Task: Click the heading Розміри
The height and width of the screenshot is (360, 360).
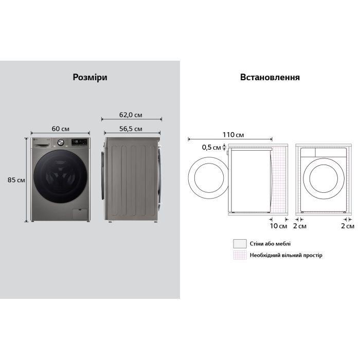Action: pos(90,77)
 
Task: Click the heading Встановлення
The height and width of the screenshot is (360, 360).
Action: pos(270,77)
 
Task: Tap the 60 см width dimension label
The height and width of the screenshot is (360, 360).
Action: pos(60,129)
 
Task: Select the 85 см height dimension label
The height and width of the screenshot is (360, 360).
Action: pos(16,180)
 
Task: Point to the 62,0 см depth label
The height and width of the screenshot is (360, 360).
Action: pos(131,115)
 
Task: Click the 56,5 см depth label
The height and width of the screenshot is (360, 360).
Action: pos(131,129)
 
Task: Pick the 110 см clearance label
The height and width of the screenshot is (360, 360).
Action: pos(233,135)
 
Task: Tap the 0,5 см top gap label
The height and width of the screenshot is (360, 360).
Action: pos(211,147)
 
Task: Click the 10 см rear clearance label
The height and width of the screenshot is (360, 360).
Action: pos(278,226)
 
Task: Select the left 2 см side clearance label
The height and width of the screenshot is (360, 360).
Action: pos(300,226)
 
